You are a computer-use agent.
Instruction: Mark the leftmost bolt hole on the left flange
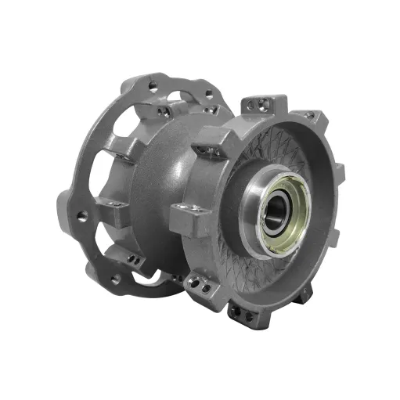[79, 214]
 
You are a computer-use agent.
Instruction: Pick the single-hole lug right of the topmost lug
[310, 117]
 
